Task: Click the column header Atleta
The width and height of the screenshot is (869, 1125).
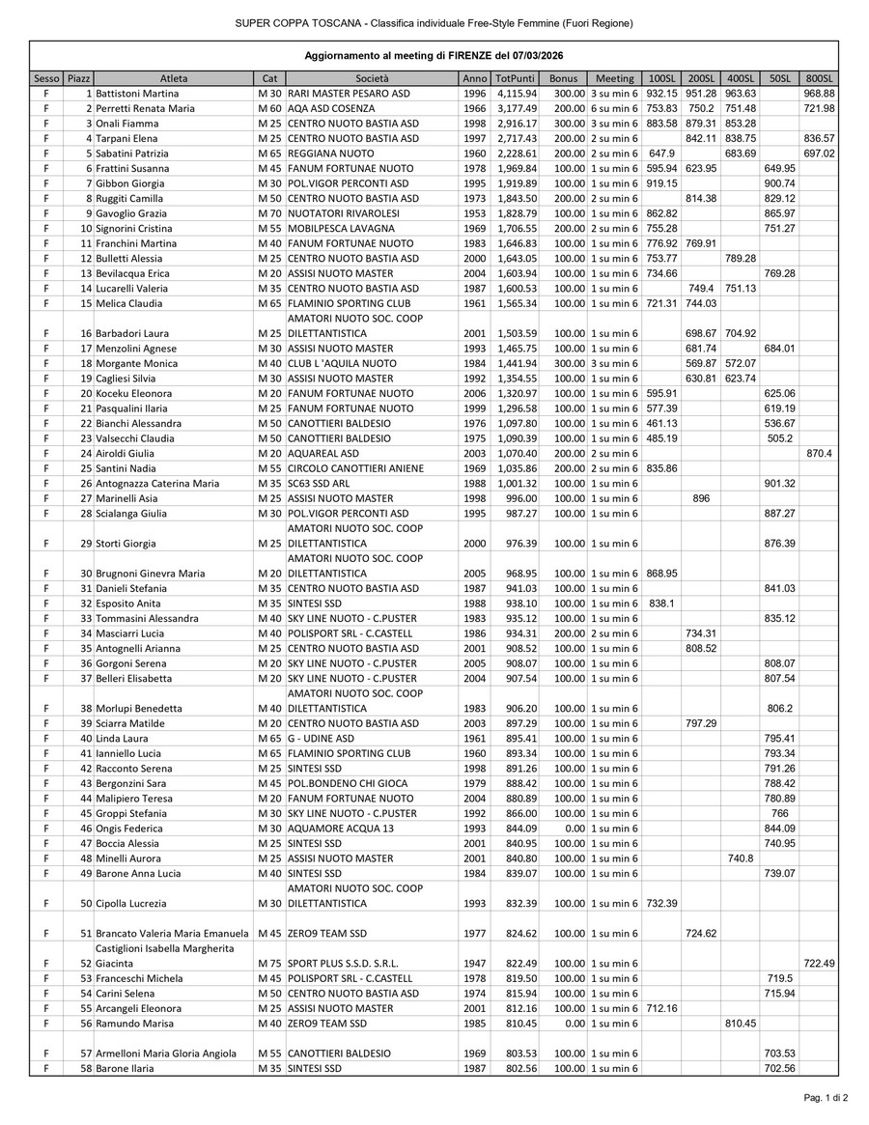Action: pos(174,77)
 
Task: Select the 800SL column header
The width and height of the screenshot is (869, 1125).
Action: pos(819,77)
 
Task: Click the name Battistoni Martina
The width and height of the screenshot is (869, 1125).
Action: pos(137,93)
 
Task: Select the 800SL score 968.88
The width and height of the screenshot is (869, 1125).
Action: pos(819,93)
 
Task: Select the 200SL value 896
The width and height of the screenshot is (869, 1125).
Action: pos(702,498)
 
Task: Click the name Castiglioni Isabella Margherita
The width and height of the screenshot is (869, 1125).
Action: pos(157,948)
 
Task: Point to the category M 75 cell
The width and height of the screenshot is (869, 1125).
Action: pos(268,964)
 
